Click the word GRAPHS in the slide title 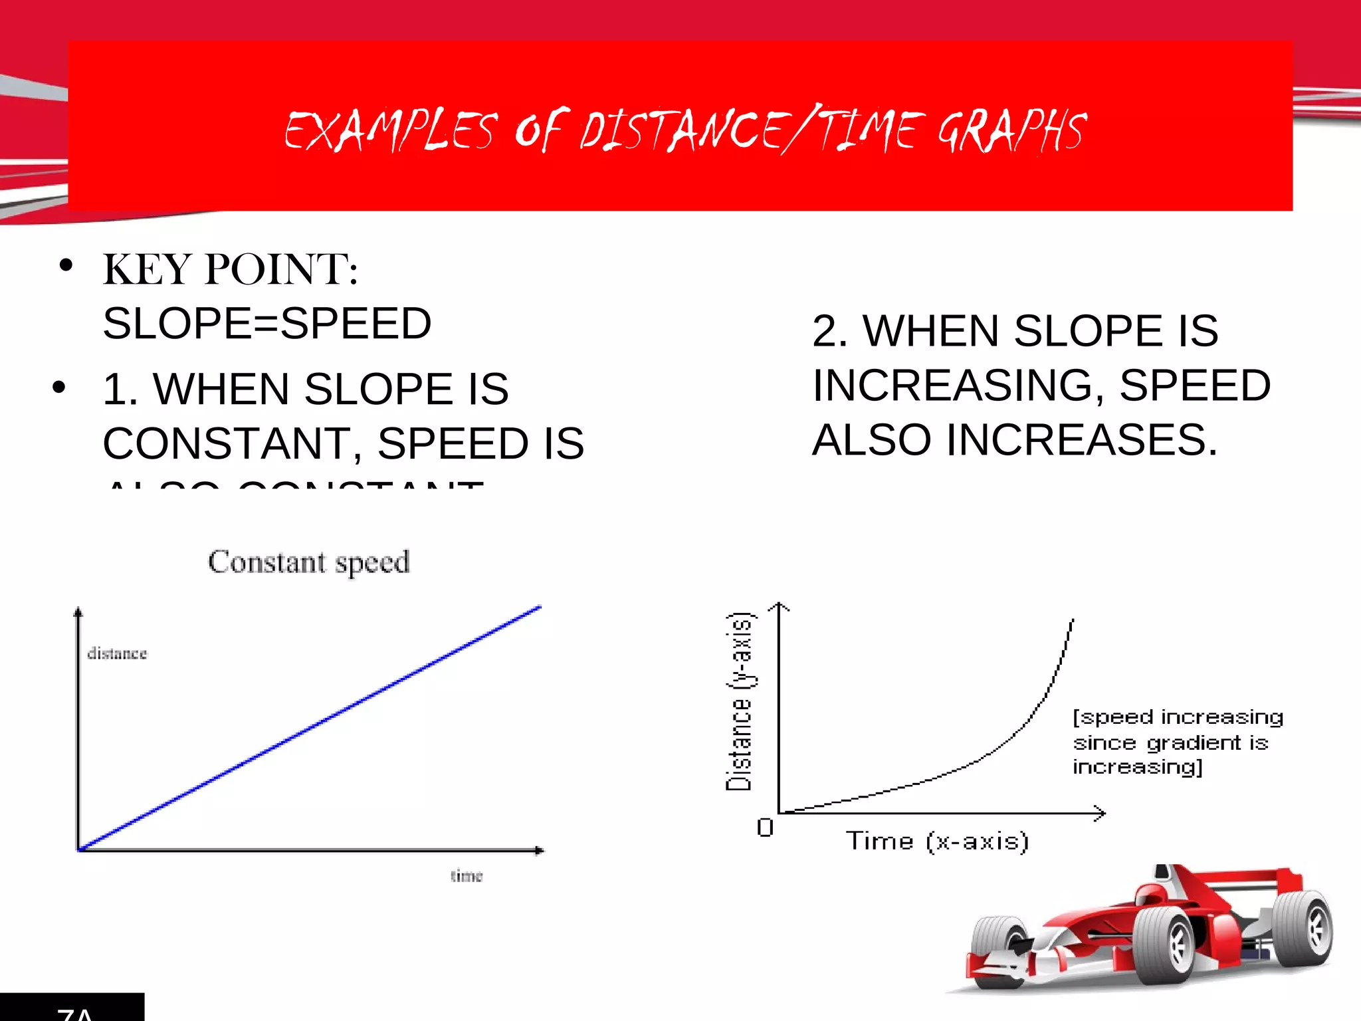tap(1011, 131)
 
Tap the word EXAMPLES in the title tap(391, 131)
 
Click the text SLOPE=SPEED tap(267, 324)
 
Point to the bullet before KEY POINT tap(65, 266)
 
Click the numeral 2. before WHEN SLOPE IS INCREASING tap(829, 331)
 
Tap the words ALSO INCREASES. tap(1015, 440)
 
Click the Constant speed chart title tap(309, 562)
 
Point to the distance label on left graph tap(117, 654)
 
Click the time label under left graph tap(467, 876)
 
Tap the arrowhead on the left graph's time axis tap(539, 850)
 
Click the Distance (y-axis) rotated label tap(739, 701)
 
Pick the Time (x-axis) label tap(937, 842)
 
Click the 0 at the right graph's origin tap(765, 828)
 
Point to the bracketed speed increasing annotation tap(1176, 742)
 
